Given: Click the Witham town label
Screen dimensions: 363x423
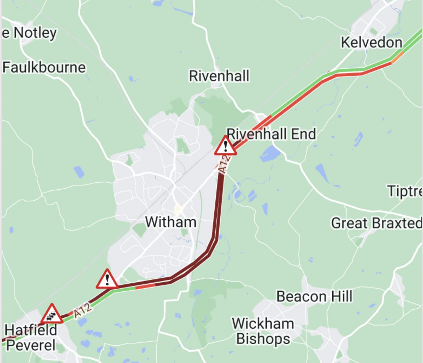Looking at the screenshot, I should pos(171,221).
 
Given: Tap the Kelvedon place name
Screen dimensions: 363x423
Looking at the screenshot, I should pos(372,43).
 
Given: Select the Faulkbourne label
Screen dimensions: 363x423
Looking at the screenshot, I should pos(44,68).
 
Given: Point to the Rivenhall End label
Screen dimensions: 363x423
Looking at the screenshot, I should pos(271,134).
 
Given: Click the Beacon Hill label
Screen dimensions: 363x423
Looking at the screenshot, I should pos(314,297).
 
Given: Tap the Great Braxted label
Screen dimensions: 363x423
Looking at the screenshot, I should pos(376,223).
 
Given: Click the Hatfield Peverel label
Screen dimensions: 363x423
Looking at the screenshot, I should pos(31,338).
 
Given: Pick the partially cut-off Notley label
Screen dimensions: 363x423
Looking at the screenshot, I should pos(30,33).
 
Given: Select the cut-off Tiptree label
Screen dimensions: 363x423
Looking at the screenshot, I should pos(405,191).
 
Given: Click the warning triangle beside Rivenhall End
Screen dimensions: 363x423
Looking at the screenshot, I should pos(226,146).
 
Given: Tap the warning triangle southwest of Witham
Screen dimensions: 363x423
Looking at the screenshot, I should pos(107,279).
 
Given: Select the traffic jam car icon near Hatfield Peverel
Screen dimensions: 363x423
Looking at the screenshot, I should pos(52,314).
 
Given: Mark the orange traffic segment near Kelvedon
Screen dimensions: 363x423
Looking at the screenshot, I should pos(397,57).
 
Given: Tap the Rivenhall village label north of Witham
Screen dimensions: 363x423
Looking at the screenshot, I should pos(219,76).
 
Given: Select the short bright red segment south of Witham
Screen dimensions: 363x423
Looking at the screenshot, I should pos(145,286).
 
